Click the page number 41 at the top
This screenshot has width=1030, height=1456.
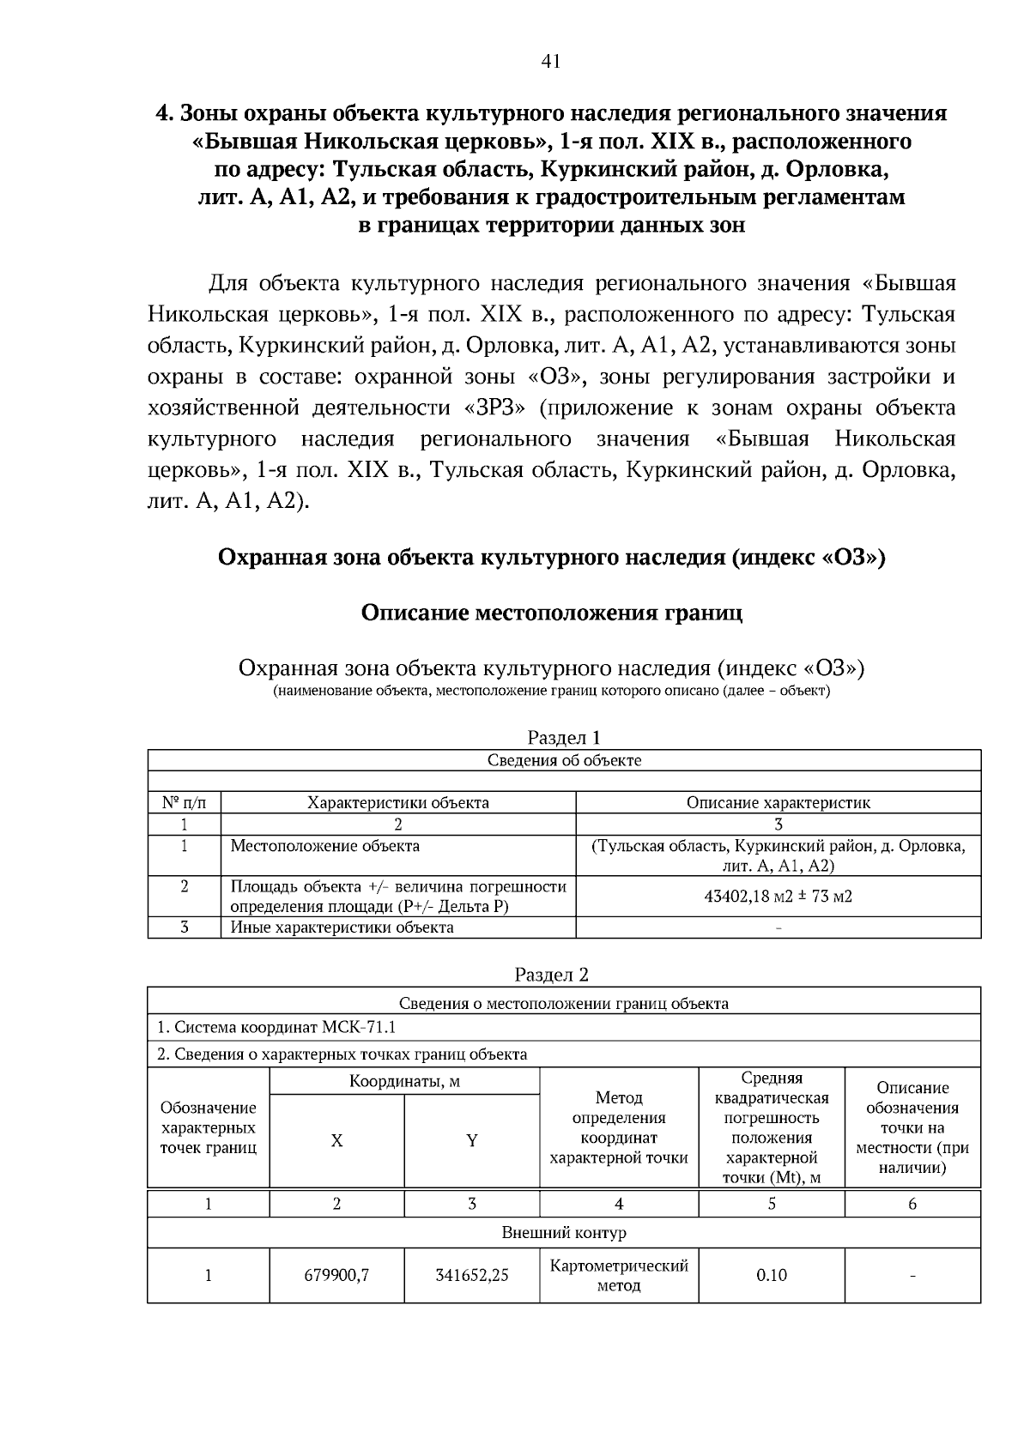point(551,61)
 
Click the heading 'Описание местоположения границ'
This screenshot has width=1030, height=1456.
point(551,613)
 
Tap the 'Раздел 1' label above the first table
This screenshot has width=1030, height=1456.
point(563,738)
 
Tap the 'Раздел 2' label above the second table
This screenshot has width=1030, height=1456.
point(551,975)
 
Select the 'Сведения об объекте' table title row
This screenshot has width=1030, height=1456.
point(564,760)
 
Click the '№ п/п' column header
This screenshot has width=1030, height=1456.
point(184,803)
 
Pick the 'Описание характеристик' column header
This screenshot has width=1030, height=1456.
point(778,803)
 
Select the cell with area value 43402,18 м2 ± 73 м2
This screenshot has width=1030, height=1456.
point(778,897)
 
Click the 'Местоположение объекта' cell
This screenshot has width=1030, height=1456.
point(325,846)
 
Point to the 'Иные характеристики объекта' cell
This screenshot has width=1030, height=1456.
point(342,927)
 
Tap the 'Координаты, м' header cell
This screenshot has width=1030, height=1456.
point(404,1081)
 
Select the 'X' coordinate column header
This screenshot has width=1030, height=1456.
point(337,1141)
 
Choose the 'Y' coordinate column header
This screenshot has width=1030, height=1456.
point(471,1141)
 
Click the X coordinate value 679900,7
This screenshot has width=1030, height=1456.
point(337,1275)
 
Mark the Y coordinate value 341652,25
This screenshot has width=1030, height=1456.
point(471,1275)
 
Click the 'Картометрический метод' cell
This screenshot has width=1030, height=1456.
point(619,1275)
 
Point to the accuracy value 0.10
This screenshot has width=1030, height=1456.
point(772,1275)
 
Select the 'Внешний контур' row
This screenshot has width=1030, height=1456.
point(564,1233)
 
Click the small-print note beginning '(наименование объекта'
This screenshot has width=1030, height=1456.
point(551,692)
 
